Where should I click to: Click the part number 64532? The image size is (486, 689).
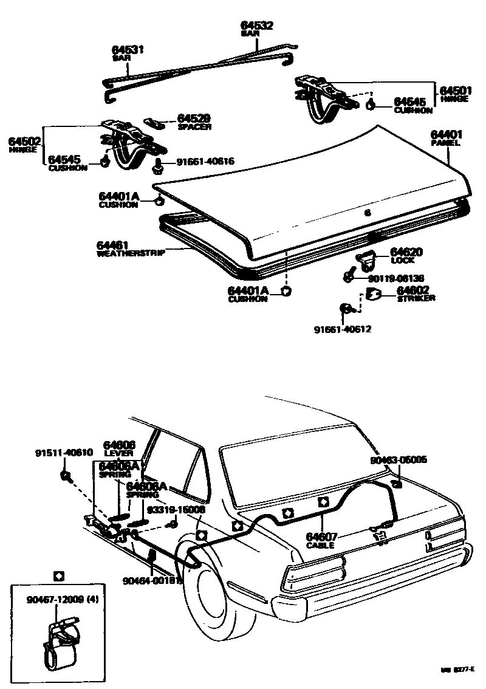coord(256,26)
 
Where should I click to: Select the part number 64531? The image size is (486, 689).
coord(128,49)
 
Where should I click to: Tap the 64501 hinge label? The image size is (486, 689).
coord(456,91)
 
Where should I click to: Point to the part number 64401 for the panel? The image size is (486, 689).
coord(447,134)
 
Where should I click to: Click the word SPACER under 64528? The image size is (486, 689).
coord(194,127)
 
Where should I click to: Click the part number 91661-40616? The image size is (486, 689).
coord(205,162)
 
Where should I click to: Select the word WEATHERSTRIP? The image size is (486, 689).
coord(131,253)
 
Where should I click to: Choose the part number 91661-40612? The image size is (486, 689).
coord(343,329)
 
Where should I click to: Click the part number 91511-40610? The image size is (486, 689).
coord(63,453)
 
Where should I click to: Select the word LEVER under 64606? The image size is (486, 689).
coord(118,453)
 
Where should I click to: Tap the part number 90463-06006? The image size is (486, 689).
coord(399,460)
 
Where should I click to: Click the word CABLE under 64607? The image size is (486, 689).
coord(320,545)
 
